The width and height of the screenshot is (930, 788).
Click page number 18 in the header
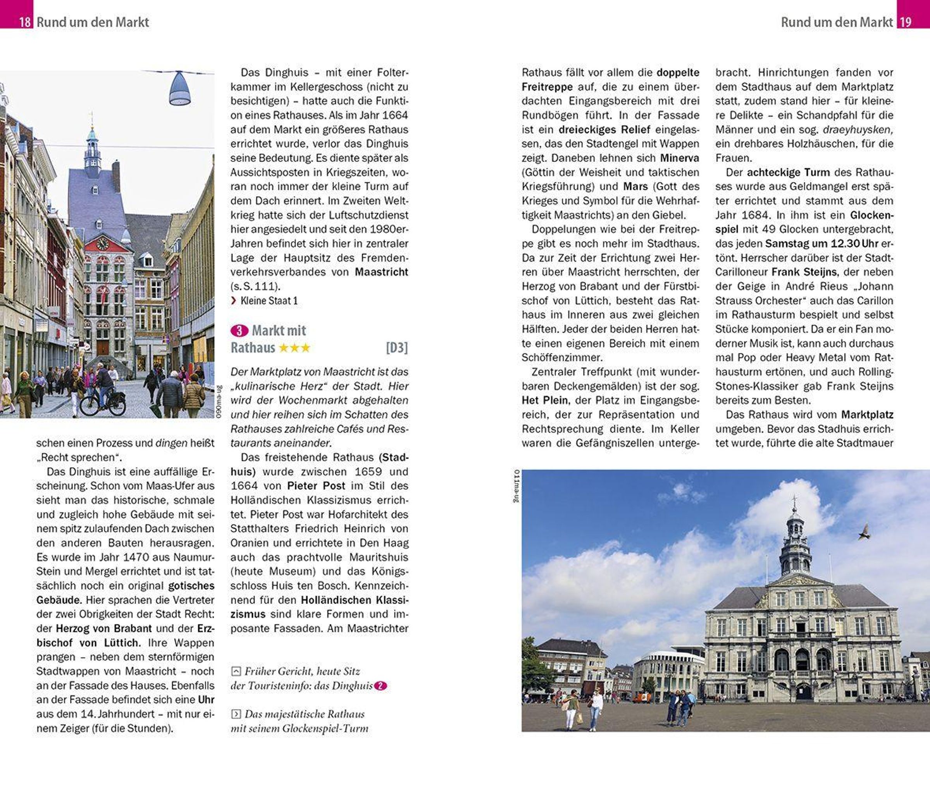click(x=25, y=22)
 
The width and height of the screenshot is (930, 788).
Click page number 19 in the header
click(x=906, y=22)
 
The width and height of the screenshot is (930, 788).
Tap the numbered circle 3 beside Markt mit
click(x=239, y=330)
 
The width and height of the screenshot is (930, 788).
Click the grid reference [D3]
click(x=397, y=348)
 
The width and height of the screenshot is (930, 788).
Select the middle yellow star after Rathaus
click(x=294, y=348)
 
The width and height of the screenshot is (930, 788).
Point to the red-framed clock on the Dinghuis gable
click(x=102, y=243)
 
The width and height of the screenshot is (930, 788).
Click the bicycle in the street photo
click(x=102, y=402)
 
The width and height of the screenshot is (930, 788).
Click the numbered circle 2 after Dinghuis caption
click(x=380, y=686)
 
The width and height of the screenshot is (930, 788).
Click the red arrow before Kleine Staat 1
click(x=234, y=301)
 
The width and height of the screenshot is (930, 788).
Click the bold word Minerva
click(x=679, y=158)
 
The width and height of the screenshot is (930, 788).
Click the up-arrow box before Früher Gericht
click(x=236, y=671)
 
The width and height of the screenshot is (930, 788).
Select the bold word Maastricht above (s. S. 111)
click(x=381, y=272)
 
